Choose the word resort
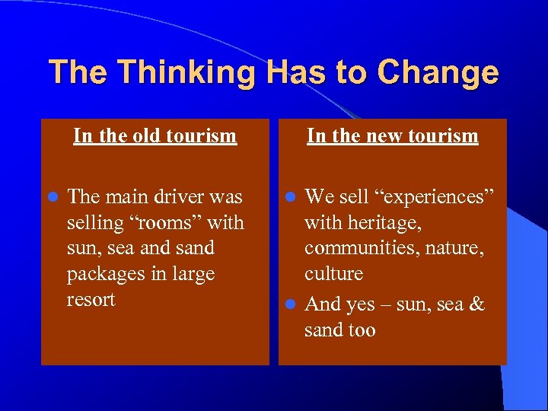click(x=91, y=299)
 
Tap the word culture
click(x=334, y=273)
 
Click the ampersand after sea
click(x=477, y=304)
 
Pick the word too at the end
click(x=360, y=330)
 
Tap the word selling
click(x=95, y=223)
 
